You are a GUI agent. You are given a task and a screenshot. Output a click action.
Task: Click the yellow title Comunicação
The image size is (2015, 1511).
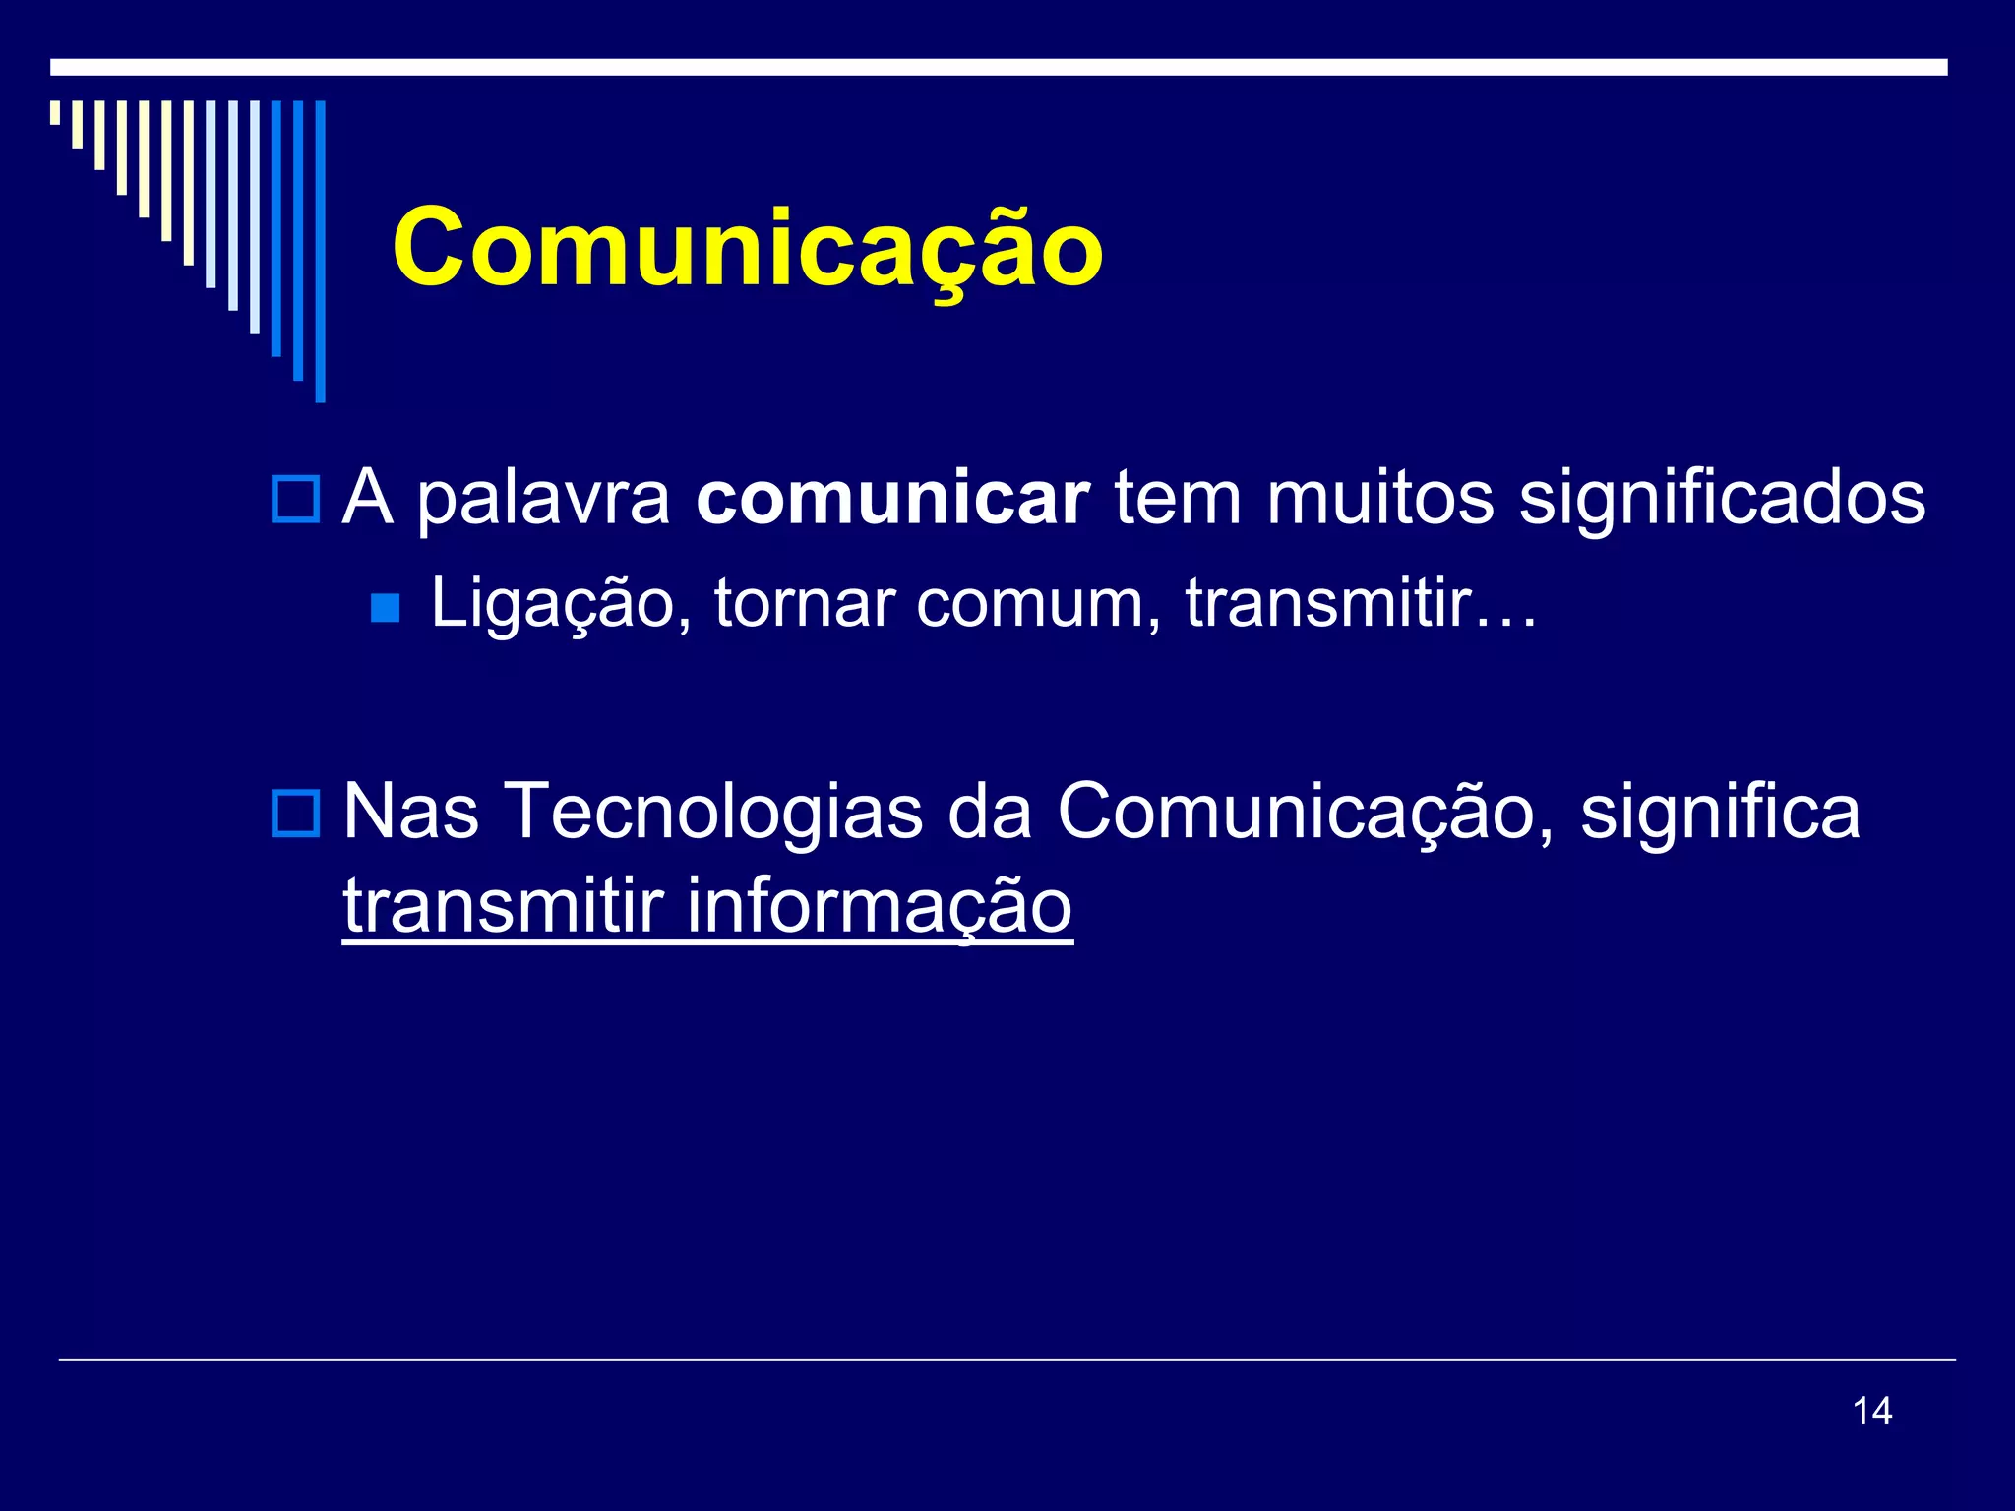(x=748, y=248)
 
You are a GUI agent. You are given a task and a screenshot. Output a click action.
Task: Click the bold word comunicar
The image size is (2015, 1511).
(x=892, y=498)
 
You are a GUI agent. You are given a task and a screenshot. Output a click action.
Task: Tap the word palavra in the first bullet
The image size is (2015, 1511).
(x=543, y=500)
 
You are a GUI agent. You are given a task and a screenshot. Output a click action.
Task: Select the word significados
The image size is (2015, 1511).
(x=1722, y=500)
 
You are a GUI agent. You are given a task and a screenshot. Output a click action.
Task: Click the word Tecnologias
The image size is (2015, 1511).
(x=713, y=813)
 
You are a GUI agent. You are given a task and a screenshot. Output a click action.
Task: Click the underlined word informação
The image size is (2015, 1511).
(x=879, y=905)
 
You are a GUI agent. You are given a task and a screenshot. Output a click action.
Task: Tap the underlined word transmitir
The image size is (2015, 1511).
(x=504, y=905)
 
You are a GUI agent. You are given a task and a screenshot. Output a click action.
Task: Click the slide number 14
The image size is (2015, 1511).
(x=1871, y=1411)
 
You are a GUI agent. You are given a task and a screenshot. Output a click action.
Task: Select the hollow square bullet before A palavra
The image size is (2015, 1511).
(x=295, y=499)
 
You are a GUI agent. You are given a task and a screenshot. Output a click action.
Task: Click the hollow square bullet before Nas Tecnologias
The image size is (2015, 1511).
(x=295, y=814)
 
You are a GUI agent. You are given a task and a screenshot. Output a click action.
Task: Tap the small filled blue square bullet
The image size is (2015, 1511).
(x=386, y=608)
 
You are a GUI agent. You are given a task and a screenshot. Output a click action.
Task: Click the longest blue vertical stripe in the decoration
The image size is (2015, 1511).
(x=320, y=251)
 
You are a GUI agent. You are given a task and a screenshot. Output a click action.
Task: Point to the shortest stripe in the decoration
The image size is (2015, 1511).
(x=55, y=112)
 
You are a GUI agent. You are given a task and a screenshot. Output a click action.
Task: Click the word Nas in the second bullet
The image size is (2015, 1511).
(x=411, y=813)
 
